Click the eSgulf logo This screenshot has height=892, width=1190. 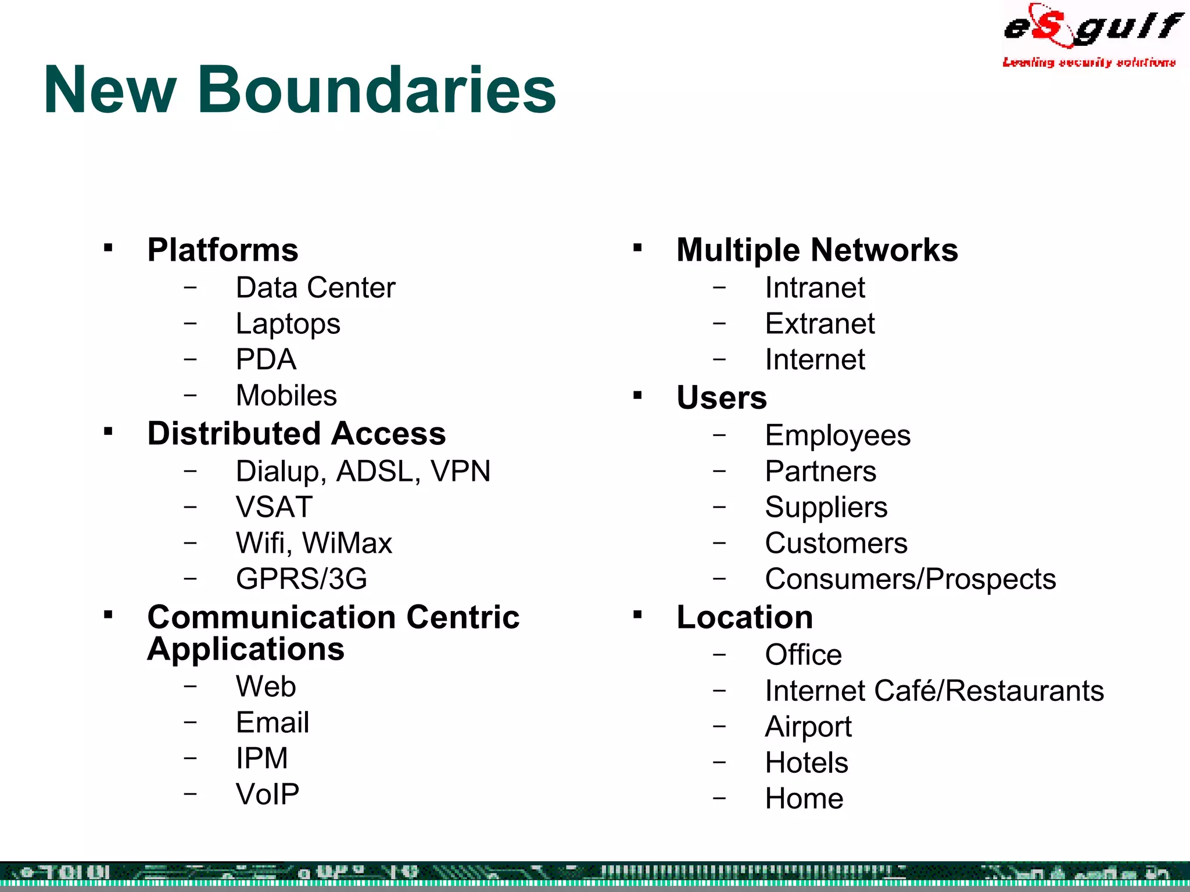click(1091, 34)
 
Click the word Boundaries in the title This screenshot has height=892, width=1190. click(377, 90)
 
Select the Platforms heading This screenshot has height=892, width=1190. click(223, 250)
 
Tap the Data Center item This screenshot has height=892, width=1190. click(315, 288)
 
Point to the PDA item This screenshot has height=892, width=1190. click(266, 359)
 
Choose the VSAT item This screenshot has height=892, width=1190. click(274, 507)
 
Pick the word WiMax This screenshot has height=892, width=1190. click(347, 543)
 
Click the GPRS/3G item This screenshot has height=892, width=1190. click(301, 579)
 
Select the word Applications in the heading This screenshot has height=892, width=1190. click(245, 649)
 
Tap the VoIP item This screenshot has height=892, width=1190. click(267, 794)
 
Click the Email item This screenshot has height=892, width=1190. click(272, 723)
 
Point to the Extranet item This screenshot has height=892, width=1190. click(819, 324)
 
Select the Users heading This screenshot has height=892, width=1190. click(721, 398)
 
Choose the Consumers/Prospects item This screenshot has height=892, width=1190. click(910, 579)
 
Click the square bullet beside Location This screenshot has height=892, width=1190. click(637, 614)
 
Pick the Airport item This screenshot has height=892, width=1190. click(808, 727)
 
